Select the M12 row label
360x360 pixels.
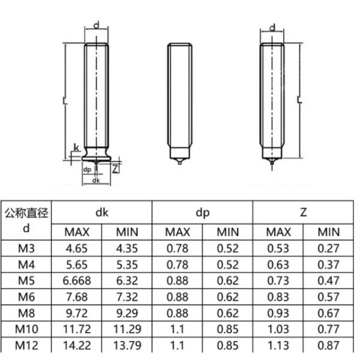[x=26, y=345]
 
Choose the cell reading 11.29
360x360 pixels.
[x=127, y=329]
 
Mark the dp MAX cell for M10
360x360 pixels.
[x=178, y=329]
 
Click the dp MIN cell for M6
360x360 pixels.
[x=227, y=296]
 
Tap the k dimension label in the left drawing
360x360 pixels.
[x=76, y=148]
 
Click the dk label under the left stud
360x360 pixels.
[x=97, y=180]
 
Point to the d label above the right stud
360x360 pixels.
[x=272, y=28]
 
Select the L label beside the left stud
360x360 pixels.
[x=64, y=101]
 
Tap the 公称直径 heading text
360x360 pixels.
[x=26, y=213]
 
